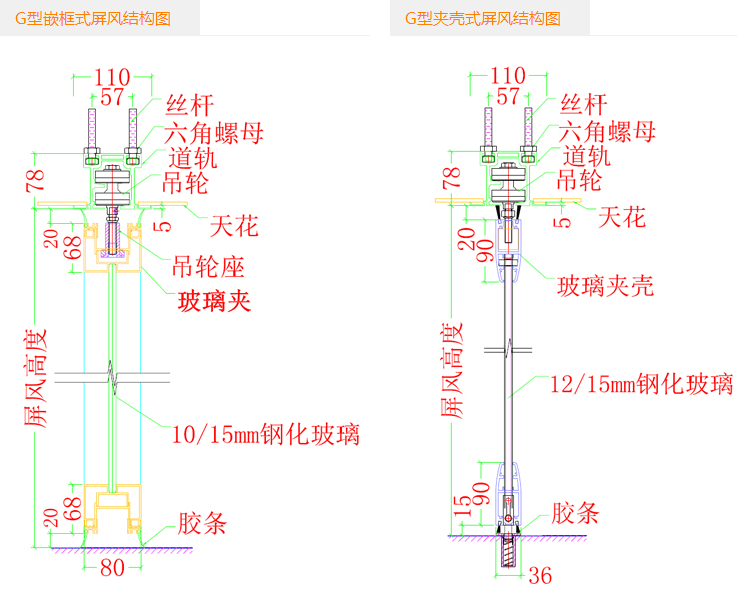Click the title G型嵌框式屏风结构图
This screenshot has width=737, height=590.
tap(93, 18)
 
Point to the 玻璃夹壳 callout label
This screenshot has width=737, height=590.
tap(605, 287)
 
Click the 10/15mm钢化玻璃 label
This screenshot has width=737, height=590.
tap(266, 434)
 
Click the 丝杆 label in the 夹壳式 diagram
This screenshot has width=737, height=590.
tap(583, 104)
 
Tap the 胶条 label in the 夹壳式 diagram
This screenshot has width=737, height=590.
tap(575, 514)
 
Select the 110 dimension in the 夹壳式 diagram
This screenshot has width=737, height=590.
tap(509, 75)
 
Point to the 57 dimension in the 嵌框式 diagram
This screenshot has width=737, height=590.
tap(112, 97)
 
